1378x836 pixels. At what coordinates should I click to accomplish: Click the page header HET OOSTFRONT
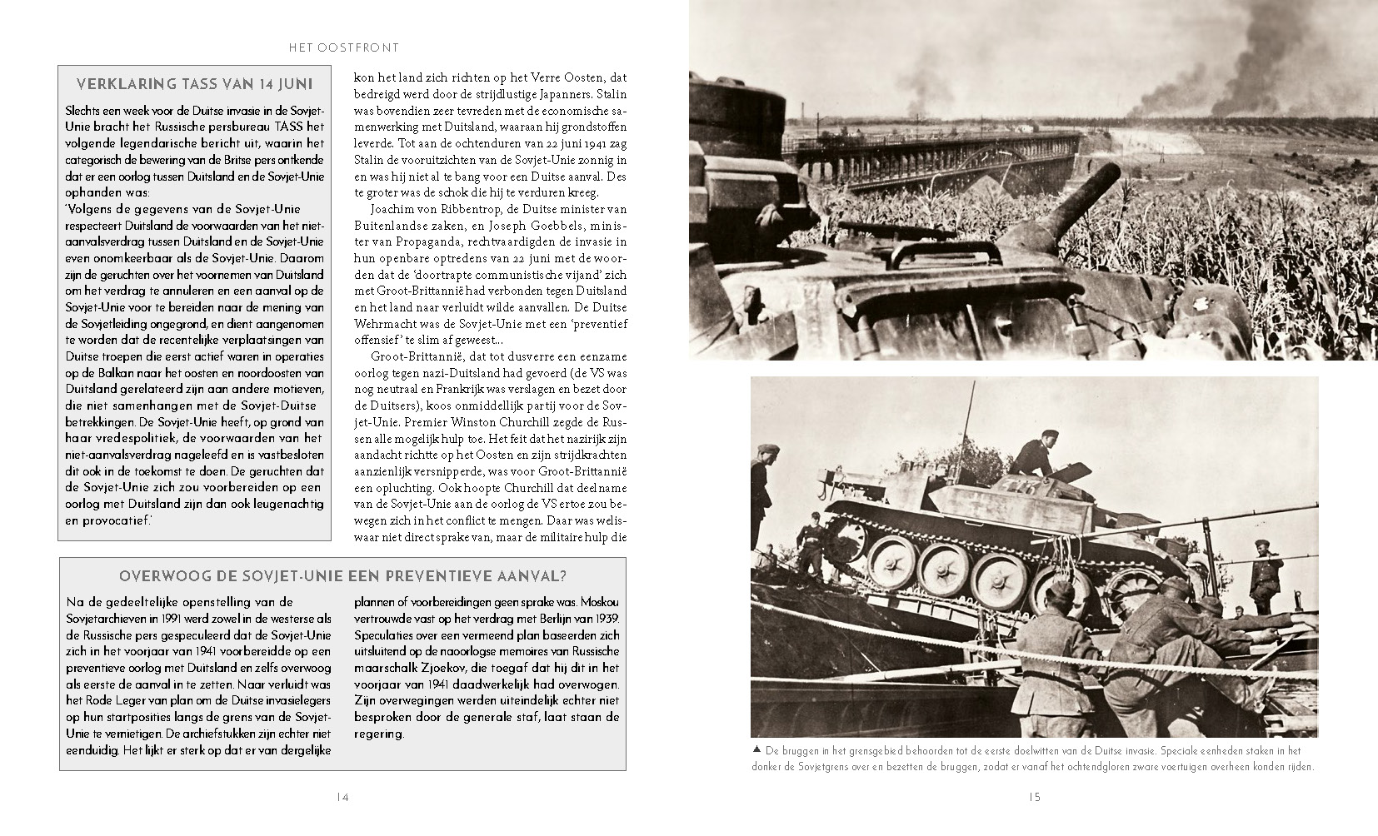coord(343,48)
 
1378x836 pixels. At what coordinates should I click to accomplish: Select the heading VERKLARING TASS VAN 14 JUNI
coord(195,83)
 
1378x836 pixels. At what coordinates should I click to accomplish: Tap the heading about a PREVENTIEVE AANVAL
coord(342,576)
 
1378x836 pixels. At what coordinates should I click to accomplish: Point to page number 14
coord(342,797)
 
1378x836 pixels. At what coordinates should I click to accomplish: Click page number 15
coord(1035,797)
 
